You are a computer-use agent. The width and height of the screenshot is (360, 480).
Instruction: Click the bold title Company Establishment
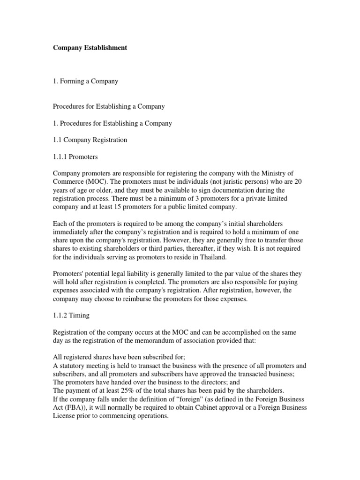pyautogui.click(x=90, y=48)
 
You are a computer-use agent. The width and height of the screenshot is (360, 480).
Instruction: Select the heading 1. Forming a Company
pyautogui.click(x=85, y=81)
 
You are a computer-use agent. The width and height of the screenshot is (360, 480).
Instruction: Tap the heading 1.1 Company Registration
pyautogui.click(x=90, y=140)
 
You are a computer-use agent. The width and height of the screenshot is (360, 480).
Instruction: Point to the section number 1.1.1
pyautogui.click(x=61, y=157)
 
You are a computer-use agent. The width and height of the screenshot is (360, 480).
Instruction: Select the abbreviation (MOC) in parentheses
pyautogui.click(x=93, y=182)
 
